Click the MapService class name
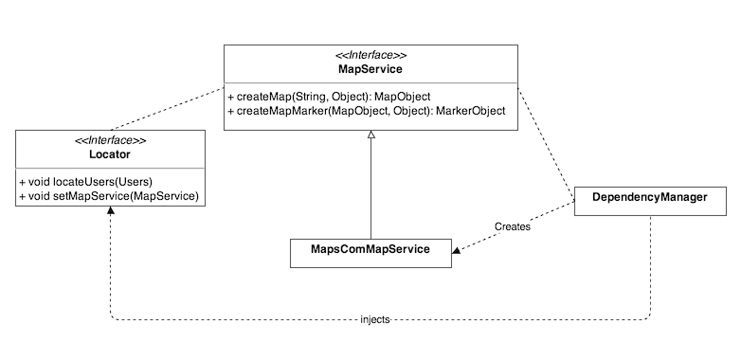pyautogui.click(x=370, y=70)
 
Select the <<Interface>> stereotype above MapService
pyautogui.click(x=370, y=55)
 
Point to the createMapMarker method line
pyautogui.click(x=366, y=111)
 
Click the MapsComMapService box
pyautogui.click(x=370, y=250)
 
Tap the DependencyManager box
pyautogui.click(x=650, y=197)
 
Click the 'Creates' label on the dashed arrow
pyautogui.click(x=513, y=227)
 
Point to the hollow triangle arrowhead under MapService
pyautogui.click(x=370, y=137)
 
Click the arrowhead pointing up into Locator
pyautogui.click(x=111, y=211)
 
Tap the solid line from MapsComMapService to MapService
pyautogui.click(x=370, y=189)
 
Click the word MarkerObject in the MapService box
pyautogui.click(x=469, y=111)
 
